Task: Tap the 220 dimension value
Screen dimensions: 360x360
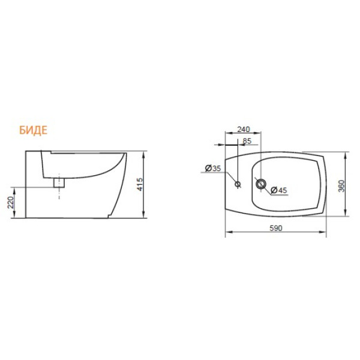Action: [11, 203]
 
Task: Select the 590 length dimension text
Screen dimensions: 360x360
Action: [275, 229]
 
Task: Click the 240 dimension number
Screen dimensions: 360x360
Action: [244, 130]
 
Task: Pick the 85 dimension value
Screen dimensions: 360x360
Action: [247, 142]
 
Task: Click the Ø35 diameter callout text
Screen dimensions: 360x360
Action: [212, 169]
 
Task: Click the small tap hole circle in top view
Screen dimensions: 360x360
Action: [238, 184]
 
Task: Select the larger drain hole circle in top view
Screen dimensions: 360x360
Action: [260, 184]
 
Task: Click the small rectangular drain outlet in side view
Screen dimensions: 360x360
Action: [58, 182]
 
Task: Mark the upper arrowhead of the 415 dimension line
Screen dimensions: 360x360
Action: [145, 153]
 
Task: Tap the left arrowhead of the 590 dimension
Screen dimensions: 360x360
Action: [227, 234]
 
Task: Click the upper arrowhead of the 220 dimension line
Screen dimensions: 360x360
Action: [16, 189]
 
